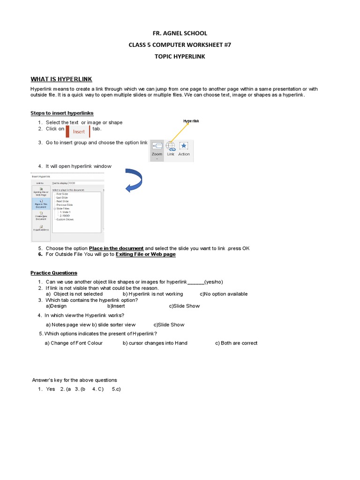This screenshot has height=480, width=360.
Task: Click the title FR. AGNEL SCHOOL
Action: click(x=180, y=33)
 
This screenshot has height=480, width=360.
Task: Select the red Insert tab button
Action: click(x=78, y=132)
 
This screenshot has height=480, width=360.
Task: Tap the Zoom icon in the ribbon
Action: click(x=157, y=146)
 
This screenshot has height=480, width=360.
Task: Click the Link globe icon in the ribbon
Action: click(x=171, y=146)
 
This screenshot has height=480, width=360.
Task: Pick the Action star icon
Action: click(x=184, y=146)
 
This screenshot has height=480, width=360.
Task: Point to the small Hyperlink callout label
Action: click(x=191, y=121)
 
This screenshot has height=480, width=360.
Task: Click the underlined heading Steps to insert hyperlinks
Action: click(x=62, y=113)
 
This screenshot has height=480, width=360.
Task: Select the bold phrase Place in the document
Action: click(x=116, y=248)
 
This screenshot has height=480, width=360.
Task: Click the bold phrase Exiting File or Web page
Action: click(x=145, y=254)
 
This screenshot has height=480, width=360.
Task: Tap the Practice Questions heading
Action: click(x=54, y=273)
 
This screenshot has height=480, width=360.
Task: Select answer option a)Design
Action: click(x=56, y=306)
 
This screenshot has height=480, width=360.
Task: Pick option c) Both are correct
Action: click(x=236, y=343)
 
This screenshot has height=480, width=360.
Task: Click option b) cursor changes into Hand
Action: click(x=155, y=343)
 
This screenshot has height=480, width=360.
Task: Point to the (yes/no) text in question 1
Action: click(x=214, y=282)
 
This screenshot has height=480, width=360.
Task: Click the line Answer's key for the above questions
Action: click(x=75, y=380)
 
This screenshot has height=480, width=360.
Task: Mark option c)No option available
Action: click(x=224, y=294)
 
